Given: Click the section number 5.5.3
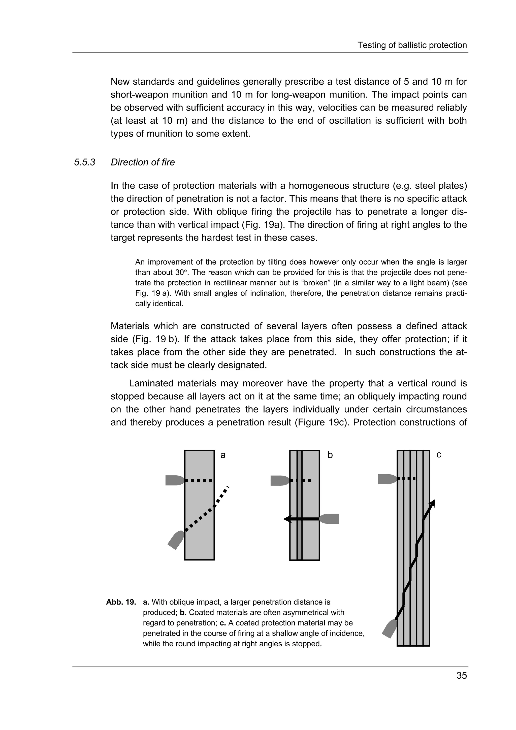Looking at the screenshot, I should tap(85, 162).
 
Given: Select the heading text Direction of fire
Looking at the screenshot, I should tap(143, 162).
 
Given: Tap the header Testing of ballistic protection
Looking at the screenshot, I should tap(412, 45).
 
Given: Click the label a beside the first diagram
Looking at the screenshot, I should tap(223, 455).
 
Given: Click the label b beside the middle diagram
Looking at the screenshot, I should tap(330, 455).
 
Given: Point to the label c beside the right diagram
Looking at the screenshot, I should tap(438, 455).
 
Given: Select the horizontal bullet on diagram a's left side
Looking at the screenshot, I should tap(175, 480).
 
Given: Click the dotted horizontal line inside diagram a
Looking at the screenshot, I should tap(199, 480).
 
